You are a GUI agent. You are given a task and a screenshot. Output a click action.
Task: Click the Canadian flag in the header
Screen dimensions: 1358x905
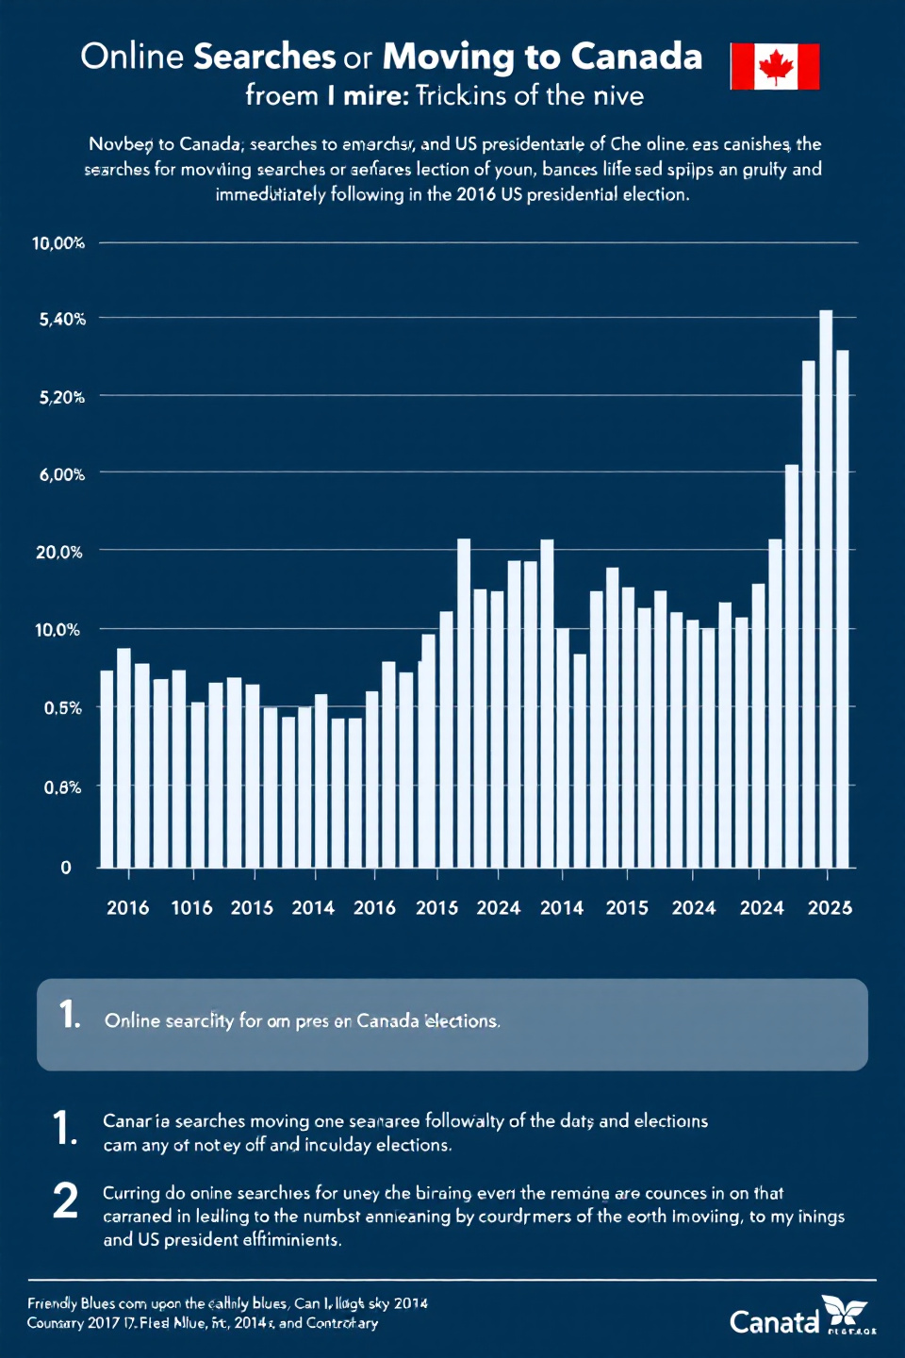coord(775,66)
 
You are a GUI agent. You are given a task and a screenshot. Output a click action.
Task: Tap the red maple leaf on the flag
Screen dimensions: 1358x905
coord(776,67)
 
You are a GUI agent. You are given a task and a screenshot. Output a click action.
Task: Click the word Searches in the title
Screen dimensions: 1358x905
coord(264,57)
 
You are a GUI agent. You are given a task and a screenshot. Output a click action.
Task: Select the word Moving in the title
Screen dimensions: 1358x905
coord(449,57)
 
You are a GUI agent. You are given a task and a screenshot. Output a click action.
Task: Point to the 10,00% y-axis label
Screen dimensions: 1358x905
coord(58,243)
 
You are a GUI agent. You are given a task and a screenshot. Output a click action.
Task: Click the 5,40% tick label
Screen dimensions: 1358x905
coord(62,320)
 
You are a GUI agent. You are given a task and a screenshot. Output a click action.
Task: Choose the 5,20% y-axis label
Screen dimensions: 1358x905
coord(62,397)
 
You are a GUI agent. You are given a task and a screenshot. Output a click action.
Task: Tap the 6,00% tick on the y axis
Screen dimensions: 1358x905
coord(62,474)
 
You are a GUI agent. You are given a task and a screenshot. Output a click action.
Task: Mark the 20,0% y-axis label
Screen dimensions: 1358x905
coord(58,552)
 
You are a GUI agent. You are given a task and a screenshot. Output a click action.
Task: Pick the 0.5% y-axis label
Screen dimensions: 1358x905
coord(62,707)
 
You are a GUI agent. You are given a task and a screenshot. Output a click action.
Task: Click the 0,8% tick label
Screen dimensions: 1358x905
coord(62,787)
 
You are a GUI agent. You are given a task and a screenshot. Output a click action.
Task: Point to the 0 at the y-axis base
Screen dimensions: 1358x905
coord(66,868)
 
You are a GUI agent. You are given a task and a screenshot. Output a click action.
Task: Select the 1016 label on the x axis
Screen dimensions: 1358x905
coord(191,908)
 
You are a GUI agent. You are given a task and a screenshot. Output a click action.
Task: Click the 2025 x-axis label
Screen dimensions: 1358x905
coord(830,908)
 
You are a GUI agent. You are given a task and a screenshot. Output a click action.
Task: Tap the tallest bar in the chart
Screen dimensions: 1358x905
coord(826,588)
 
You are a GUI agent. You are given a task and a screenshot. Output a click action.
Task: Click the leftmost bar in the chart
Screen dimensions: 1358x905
coord(107,769)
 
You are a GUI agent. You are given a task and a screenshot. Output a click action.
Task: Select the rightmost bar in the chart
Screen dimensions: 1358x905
coord(843,608)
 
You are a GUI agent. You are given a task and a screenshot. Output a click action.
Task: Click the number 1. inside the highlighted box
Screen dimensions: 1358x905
coord(70,1015)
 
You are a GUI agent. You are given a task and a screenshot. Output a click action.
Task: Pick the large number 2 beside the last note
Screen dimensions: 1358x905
coord(65,1201)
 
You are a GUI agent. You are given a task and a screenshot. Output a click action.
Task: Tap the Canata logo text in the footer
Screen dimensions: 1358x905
coord(774,1322)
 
